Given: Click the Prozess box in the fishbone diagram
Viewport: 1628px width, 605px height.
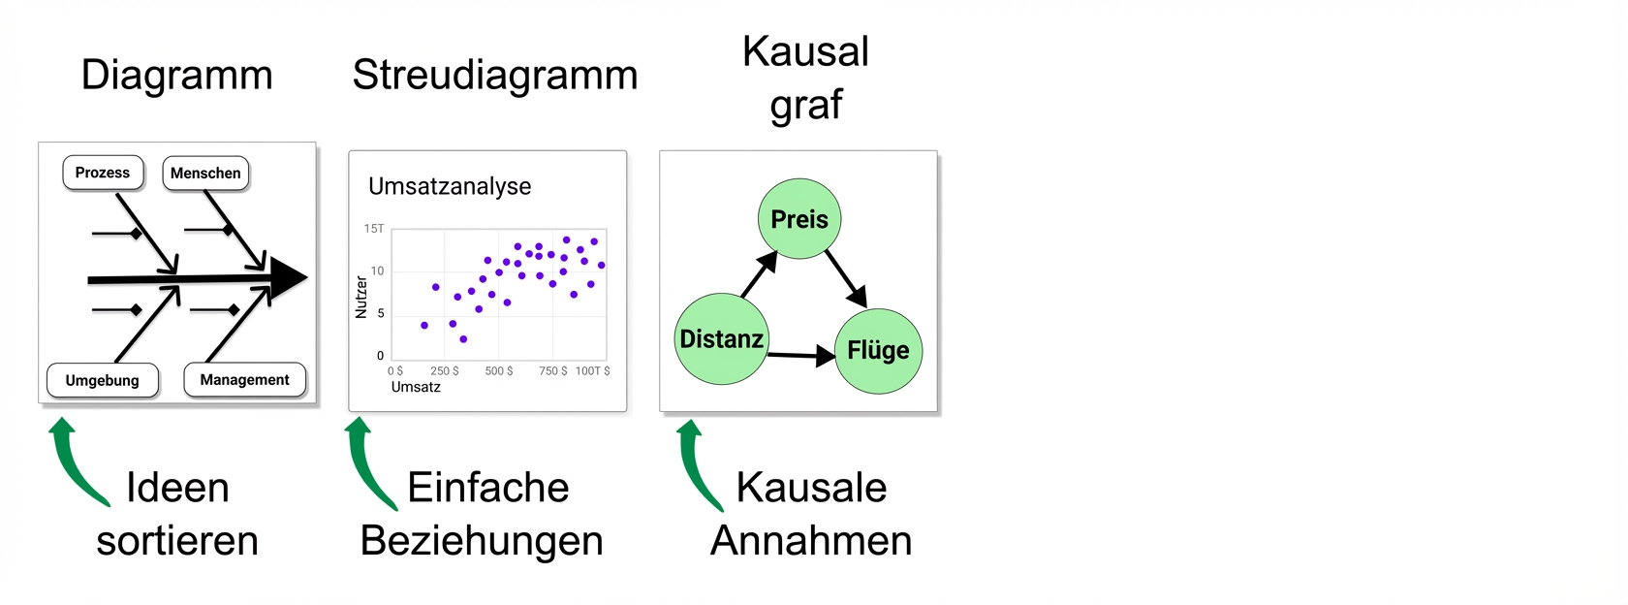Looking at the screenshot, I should click(x=103, y=173).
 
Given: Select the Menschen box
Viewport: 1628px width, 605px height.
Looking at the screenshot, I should click(x=205, y=174).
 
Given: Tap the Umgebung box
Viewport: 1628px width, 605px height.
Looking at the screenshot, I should click(x=103, y=380).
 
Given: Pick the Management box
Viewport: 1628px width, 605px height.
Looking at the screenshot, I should click(x=244, y=380).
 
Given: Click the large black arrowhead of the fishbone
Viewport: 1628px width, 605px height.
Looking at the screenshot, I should click(x=288, y=278).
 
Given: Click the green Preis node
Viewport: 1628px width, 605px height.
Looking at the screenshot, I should click(x=799, y=219).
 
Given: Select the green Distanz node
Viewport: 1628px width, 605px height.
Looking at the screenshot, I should click(x=722, y=339).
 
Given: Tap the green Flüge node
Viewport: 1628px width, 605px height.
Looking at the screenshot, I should click(x=878, y=350).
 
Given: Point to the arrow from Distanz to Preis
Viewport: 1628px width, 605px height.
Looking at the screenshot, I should click(x=759, y=274).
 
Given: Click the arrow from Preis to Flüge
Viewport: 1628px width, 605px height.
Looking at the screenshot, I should click(x=846, y=278).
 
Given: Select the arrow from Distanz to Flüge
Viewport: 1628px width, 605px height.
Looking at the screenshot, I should click(x=800, y=356).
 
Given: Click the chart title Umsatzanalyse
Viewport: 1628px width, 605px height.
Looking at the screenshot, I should click(x=450, y=186).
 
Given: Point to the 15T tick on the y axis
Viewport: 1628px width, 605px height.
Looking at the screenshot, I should click(x=374, y=229).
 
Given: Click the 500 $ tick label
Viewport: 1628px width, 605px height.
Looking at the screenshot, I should click(x=499, y=371).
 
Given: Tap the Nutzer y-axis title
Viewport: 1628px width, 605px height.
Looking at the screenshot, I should click(x=361, y=297).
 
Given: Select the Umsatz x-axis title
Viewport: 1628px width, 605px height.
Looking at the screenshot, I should click(x=416, y=387).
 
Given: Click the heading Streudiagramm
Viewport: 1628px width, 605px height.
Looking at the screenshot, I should click(x=494, y=75).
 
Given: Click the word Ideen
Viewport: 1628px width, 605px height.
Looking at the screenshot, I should click(x=177, y=488).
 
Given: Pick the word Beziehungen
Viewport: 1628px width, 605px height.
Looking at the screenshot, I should click(x=482, y=541).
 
